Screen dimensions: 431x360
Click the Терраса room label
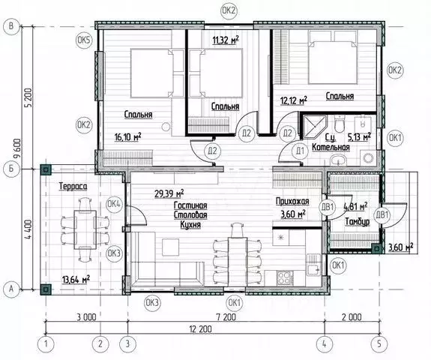click(73, 186)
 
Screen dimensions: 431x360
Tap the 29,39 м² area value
click(169, 193)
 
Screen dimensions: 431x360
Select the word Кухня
click(190, 225)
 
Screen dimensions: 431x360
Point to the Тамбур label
click(358, 222)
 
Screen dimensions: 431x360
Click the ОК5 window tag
click(84, 40)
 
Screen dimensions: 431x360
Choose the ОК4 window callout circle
click(114, 204)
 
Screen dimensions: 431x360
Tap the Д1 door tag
click(300, 151)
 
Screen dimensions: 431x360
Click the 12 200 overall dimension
click(201, 329)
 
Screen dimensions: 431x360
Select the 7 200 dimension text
click(226, 317)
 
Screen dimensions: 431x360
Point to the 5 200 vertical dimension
click(29, 97)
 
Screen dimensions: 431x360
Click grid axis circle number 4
click(325, 343)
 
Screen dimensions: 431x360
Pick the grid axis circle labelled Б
click(11, 168)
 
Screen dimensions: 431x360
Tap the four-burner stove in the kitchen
click(285, 277)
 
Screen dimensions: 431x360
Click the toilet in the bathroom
click(340, 124)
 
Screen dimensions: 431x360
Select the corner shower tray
click(314, 127)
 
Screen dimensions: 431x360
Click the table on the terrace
click(85, 229)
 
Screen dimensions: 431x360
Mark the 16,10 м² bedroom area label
click(128, 136)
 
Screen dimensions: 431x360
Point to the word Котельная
click(331, 147)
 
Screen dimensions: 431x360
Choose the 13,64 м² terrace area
click(76, 280)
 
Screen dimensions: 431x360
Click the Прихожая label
click(292, 201)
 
